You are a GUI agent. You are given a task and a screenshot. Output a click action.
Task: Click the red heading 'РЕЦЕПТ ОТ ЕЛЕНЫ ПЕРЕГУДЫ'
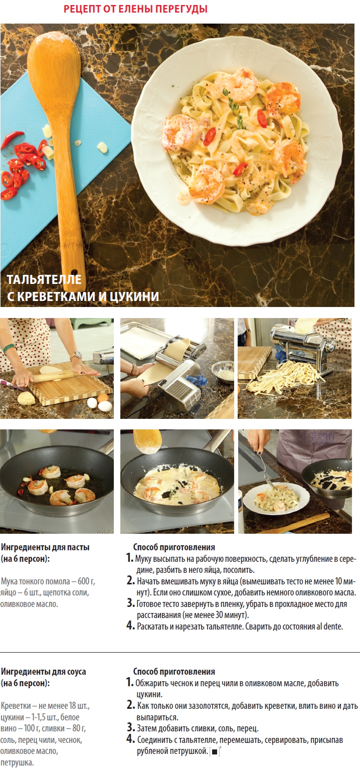click(135, 9)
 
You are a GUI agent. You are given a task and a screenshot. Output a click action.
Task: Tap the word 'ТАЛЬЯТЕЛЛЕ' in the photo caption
click(44, 279)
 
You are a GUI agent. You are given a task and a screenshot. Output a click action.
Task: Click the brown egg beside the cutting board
click(103, 398)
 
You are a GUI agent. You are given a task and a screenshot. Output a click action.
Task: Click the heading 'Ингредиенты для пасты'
click(45, 547)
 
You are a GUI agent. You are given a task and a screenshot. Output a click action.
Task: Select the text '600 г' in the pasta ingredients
click(86, 581)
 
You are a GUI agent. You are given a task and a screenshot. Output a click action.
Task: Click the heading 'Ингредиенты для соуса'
click(43, 672)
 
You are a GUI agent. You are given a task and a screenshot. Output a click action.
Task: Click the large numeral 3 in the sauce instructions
click(130, 727)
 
